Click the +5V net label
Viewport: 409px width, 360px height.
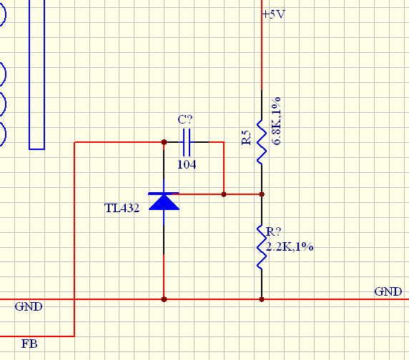tap(274, 14)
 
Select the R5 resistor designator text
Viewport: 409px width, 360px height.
tap(246, 138)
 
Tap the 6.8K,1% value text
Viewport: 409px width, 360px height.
tap(276, 121)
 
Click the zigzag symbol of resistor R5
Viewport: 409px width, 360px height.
tap(262, 142)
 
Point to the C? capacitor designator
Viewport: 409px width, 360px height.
tap(185, 119)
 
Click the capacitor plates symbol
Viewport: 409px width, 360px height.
tap(187, 142)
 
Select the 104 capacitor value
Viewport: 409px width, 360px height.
tap(187, 164)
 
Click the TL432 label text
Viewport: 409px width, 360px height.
tap(122, 208)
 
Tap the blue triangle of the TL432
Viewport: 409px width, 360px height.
tap(164, 202)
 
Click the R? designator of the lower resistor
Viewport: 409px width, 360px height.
tap(274, 231)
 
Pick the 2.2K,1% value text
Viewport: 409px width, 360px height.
tap(290, 246)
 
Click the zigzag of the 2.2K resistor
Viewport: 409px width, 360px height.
tap(262, 247)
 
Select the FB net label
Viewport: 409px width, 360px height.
tap(29, 344)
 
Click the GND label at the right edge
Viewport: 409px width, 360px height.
tap(388, 291)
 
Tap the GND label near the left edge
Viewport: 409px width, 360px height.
tap(29, 306)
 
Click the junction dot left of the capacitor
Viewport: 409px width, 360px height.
tap(164, 142)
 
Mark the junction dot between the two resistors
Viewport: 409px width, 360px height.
tap(262, 194)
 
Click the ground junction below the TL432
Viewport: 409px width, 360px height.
tap(164, 299)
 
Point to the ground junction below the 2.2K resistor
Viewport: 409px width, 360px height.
tap(262, 299)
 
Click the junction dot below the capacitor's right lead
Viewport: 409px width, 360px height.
tap(224, 194)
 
